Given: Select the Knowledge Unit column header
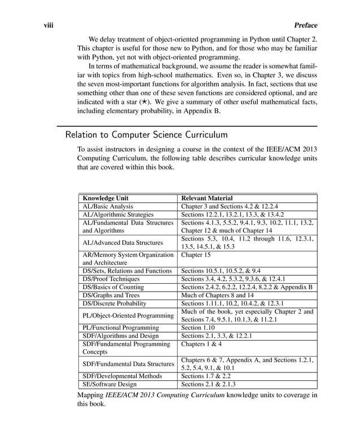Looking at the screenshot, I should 106,198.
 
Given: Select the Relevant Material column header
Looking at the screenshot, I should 207,198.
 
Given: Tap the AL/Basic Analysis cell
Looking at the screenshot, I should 108,206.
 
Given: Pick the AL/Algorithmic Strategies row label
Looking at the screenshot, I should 118,214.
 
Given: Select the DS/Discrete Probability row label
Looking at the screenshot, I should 118,303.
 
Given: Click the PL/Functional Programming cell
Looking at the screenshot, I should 121,327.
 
